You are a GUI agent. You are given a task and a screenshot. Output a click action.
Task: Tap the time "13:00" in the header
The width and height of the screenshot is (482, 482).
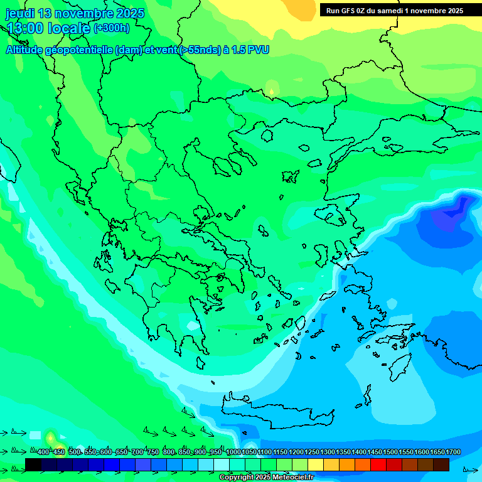(x=25, y=28)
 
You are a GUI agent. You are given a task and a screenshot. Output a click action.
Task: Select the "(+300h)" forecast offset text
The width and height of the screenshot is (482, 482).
(x=111, y=28)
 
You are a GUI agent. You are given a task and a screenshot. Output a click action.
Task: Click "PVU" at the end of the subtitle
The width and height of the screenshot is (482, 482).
(x=257, y=50)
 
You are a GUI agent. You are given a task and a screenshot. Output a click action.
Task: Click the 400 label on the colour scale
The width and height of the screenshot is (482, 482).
(x=43, y=453)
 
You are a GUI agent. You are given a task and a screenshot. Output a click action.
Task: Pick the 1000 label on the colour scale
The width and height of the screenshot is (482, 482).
(x=233, y=453)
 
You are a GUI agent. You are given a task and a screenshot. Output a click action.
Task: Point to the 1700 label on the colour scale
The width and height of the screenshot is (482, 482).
(x=453, y=453)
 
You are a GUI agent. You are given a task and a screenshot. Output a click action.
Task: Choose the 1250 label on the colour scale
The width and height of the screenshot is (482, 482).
(x=312, y=453)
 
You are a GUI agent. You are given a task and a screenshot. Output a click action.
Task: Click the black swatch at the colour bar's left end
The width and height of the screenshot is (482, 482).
(x=33, y=464)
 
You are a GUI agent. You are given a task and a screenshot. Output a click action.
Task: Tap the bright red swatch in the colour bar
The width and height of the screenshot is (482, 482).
(x=378, y=464)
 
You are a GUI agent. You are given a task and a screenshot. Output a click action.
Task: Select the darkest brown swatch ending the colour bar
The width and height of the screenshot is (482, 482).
(x=441, y=464)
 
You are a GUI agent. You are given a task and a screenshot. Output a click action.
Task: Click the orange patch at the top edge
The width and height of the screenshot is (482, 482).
(x=299, y=8)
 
